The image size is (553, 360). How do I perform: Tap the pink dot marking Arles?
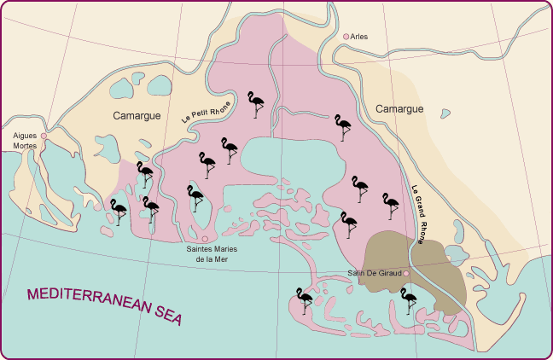pyautogui.click(x=346, y=37)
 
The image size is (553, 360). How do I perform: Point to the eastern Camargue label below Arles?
pyautogui.click(x=399, y=109)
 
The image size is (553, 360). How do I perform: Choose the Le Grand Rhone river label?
pyautogui.click(x=419, y=212)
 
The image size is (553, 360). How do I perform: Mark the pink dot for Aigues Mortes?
pyautogui.click(x=44, y=135)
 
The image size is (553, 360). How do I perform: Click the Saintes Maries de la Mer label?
pyautogui.click(x=212, y=254)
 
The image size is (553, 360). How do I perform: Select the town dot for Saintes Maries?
pyautogui.click(x=205, y=239)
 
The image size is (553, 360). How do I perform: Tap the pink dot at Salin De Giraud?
pyautogui.click(x=407, y=273)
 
